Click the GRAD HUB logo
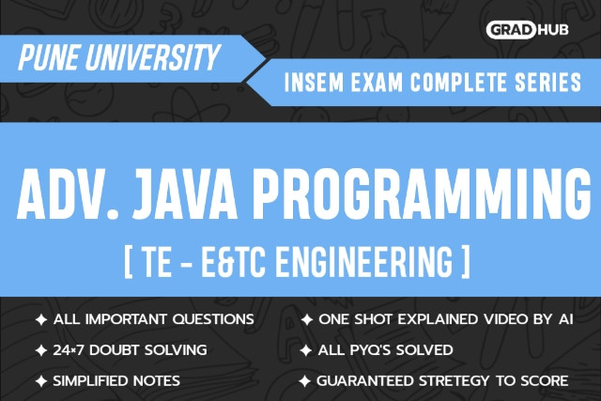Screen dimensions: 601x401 pos(527,30)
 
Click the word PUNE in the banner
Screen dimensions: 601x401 pos(48,57)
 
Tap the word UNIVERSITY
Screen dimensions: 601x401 pos(152,57)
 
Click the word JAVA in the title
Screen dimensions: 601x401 pos(185,194)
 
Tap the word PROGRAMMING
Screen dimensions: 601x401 pos(421,194)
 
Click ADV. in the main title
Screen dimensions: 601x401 pos(68,194)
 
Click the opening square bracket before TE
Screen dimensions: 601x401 pos(129,262)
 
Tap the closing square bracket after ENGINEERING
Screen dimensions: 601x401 pos(466,262)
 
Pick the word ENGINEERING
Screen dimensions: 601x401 pos(364,262)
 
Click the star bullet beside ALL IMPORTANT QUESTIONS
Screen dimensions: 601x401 pos(41,319)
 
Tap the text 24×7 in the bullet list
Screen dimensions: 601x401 pos(68,350)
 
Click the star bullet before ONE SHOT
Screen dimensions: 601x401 pos(307,319)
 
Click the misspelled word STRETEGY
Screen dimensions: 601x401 pos(454,381)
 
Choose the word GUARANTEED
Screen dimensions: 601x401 pos(365,381)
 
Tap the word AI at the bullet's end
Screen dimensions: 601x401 pos(565,319)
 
